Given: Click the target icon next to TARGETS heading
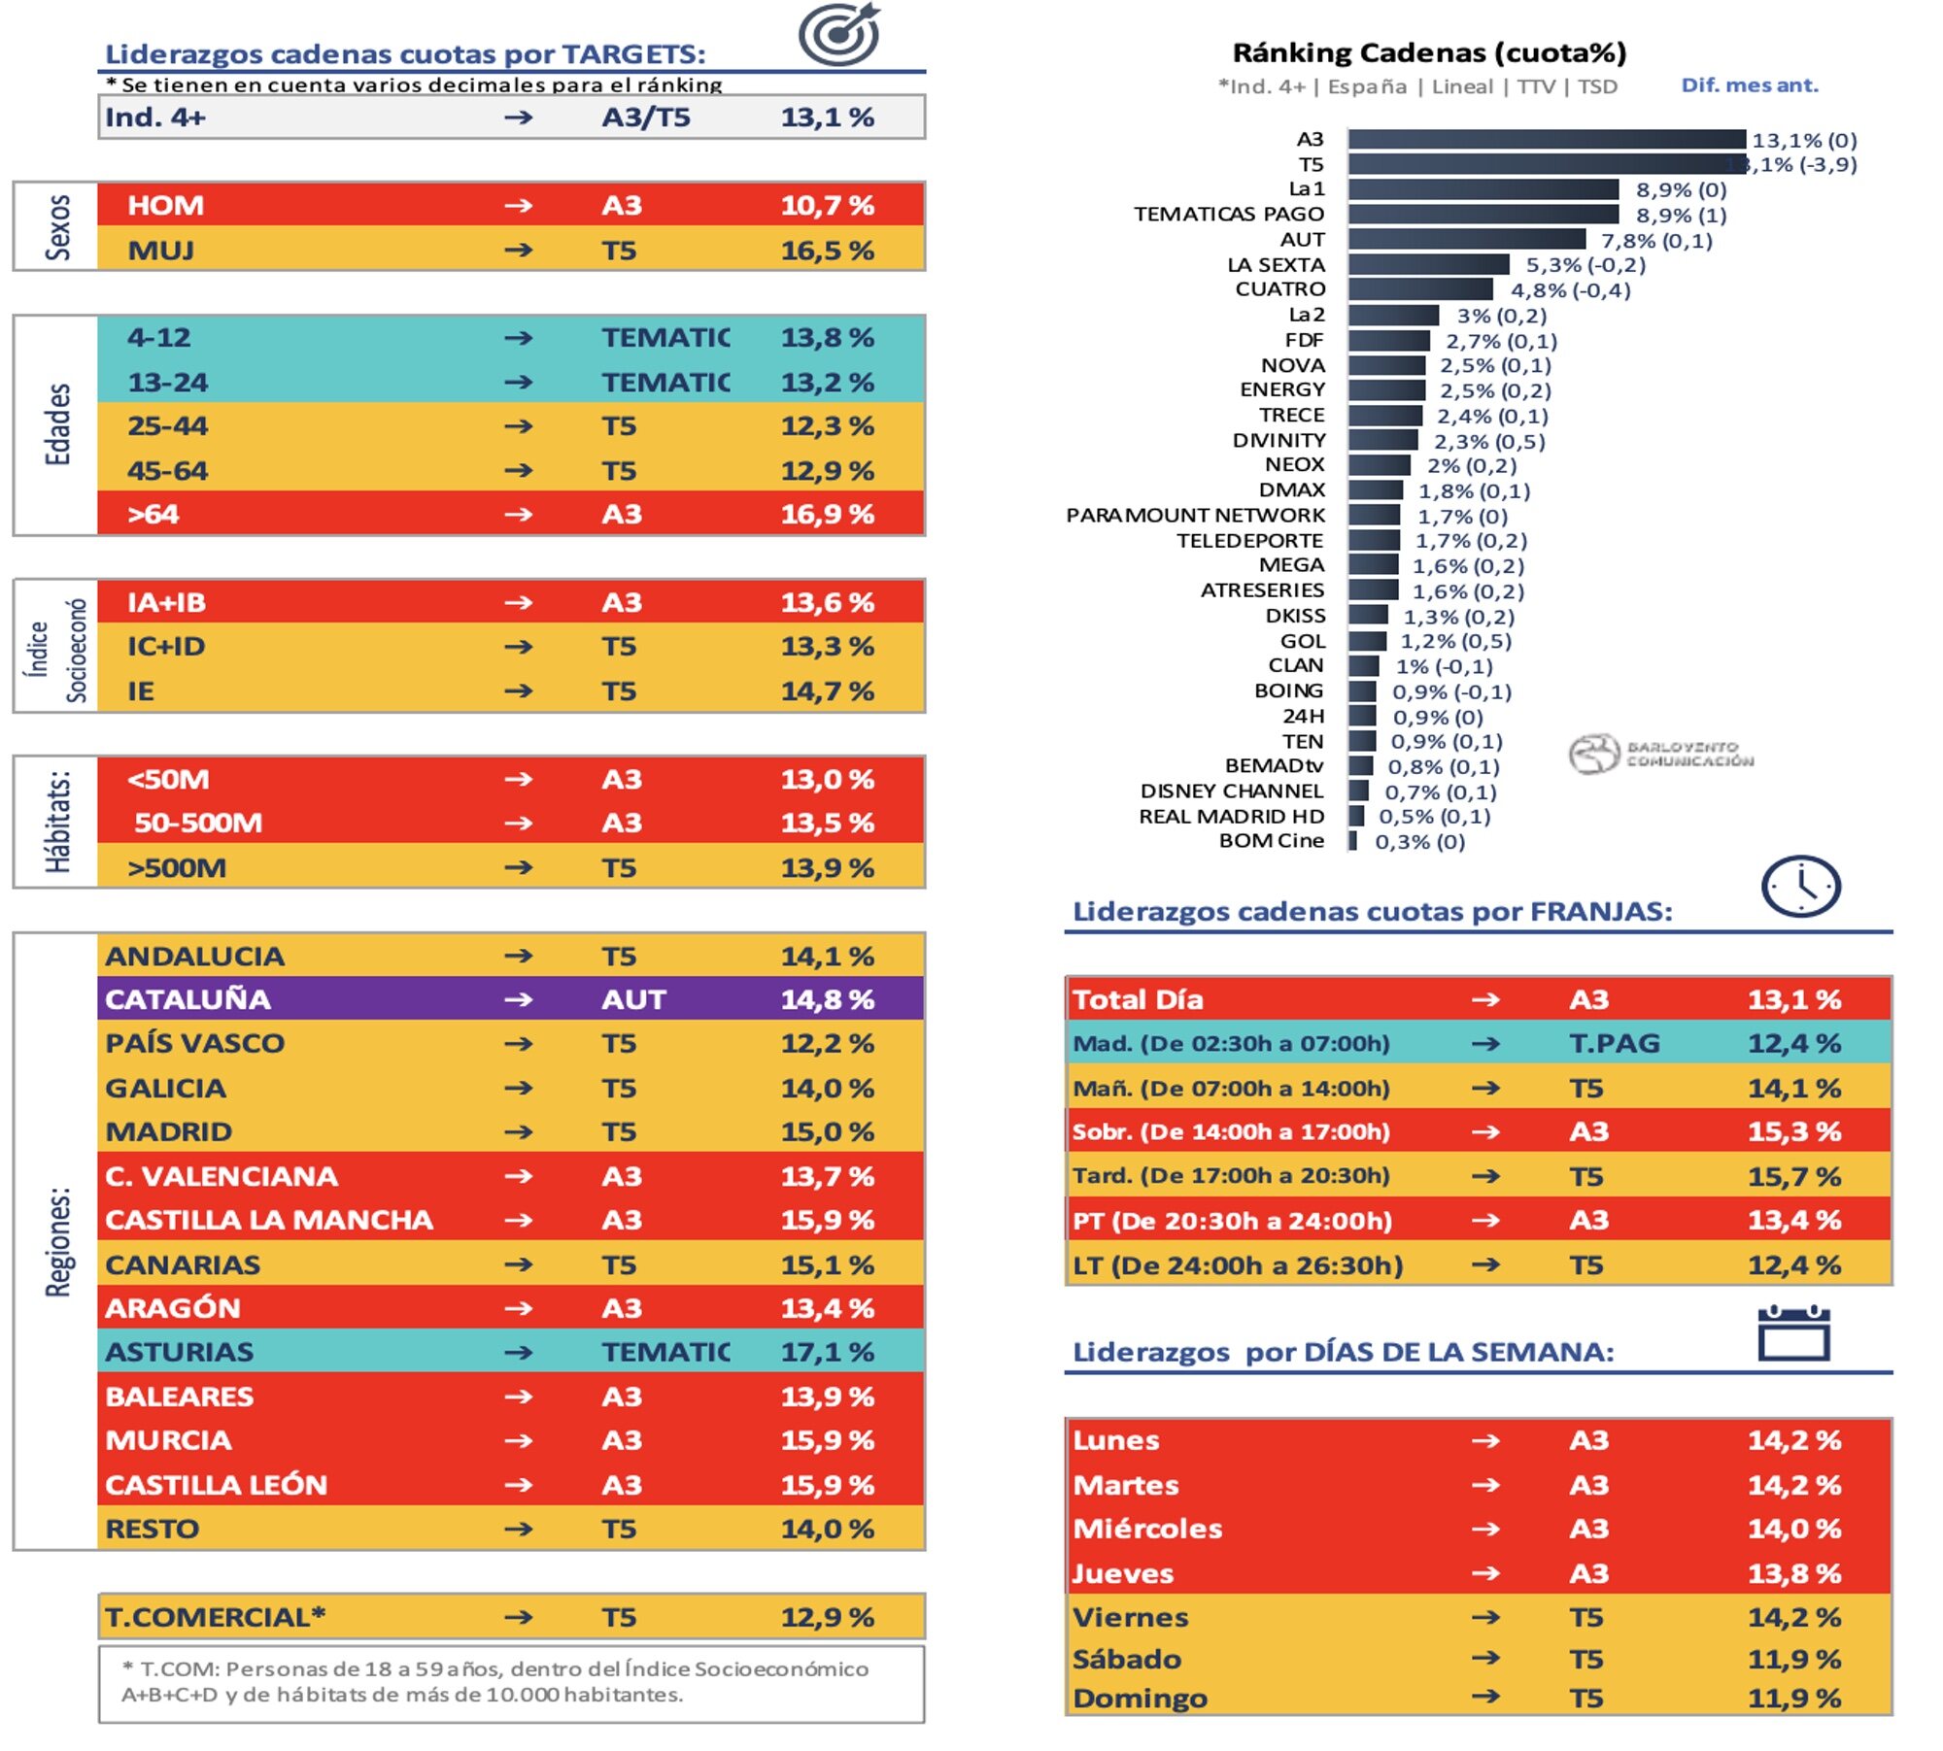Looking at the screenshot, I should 839,35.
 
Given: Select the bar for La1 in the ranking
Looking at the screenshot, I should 1483,189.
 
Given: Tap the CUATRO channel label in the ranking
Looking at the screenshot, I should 1279,289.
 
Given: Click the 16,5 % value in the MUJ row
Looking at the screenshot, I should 827,251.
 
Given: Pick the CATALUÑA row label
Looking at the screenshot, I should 187,999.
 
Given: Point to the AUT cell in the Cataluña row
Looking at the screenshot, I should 633,999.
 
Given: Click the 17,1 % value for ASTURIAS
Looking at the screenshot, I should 827,1352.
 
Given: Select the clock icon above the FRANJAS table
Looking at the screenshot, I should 1800,887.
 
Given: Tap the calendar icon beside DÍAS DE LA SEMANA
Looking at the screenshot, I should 1793,1333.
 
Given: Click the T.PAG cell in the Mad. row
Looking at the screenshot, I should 1614,1044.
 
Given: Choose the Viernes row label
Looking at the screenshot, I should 1130,1618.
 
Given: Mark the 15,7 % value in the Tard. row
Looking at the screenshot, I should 1793,1177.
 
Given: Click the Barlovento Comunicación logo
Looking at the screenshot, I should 1661,755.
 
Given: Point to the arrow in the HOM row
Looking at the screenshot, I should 519,206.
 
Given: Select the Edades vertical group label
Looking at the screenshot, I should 58,424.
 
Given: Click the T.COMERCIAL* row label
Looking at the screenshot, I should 215,1618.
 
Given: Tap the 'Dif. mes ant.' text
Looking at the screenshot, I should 1749,85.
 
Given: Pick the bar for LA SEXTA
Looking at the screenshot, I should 1428,265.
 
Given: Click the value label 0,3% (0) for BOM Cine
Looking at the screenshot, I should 1419,842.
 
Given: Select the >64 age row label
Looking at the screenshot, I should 153,515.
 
